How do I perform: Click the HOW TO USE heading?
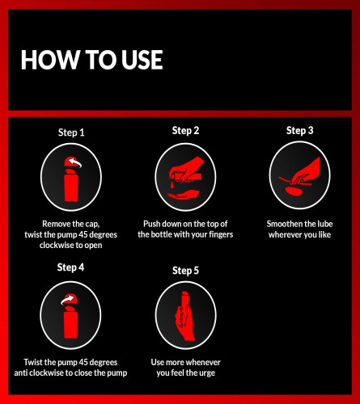(x=92, y=60)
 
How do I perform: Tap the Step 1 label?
(x=71, y=133)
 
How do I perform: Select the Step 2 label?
(x=185, y=131)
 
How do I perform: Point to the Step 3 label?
(x=299, y=131)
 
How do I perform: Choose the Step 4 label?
(x=70, y=267)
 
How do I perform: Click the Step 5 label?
(x=185, y=271)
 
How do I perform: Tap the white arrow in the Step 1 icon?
(x=74, y=162)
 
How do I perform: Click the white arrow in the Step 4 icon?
(x=67, y=299)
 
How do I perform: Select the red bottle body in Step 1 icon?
(x=71, y=187)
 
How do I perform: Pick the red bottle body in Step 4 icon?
(x=70, y=325)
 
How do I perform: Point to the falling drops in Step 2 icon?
(x=172, y=184)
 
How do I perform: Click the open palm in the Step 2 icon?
(x=183, y=195)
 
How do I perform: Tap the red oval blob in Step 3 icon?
(x=294, y=191)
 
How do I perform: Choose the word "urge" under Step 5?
(x=207, y=373)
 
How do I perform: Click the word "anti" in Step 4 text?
(x=21, y=373)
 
